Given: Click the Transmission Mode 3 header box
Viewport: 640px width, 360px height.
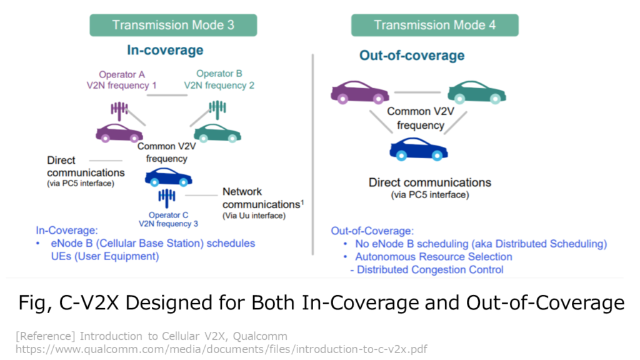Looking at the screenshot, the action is click(173, 25).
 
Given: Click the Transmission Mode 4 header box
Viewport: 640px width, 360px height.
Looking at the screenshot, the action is click(435, 25).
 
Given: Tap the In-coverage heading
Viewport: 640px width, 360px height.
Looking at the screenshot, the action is click(165, 50).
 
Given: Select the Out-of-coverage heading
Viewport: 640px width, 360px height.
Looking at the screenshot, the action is click(412, 56).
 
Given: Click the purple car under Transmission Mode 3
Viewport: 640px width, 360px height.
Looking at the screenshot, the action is click(119, 133).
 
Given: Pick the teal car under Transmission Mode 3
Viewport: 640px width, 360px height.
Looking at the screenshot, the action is click(217, 133).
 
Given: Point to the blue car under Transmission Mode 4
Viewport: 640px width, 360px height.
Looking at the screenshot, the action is click(419, 149).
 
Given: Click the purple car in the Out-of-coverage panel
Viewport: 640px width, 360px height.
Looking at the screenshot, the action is click(360, 92).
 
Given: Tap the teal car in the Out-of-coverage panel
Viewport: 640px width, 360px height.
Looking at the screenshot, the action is click(477, 92).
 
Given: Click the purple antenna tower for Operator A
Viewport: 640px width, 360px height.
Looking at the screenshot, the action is click(119, 111).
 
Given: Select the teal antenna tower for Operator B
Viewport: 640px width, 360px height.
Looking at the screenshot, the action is click(217, 110).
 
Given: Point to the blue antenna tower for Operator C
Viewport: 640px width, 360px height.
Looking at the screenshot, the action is click(166, 198).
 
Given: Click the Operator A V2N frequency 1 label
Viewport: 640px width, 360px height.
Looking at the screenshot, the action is click(122, 80).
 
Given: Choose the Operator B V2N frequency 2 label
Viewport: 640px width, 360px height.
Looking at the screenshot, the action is click(219, 79).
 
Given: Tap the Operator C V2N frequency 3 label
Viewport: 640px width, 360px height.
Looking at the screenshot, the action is click(168, 219).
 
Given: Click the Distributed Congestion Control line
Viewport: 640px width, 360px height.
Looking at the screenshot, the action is click(427, 270).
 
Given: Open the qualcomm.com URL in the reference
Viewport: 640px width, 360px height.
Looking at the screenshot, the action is click(221, 349).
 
